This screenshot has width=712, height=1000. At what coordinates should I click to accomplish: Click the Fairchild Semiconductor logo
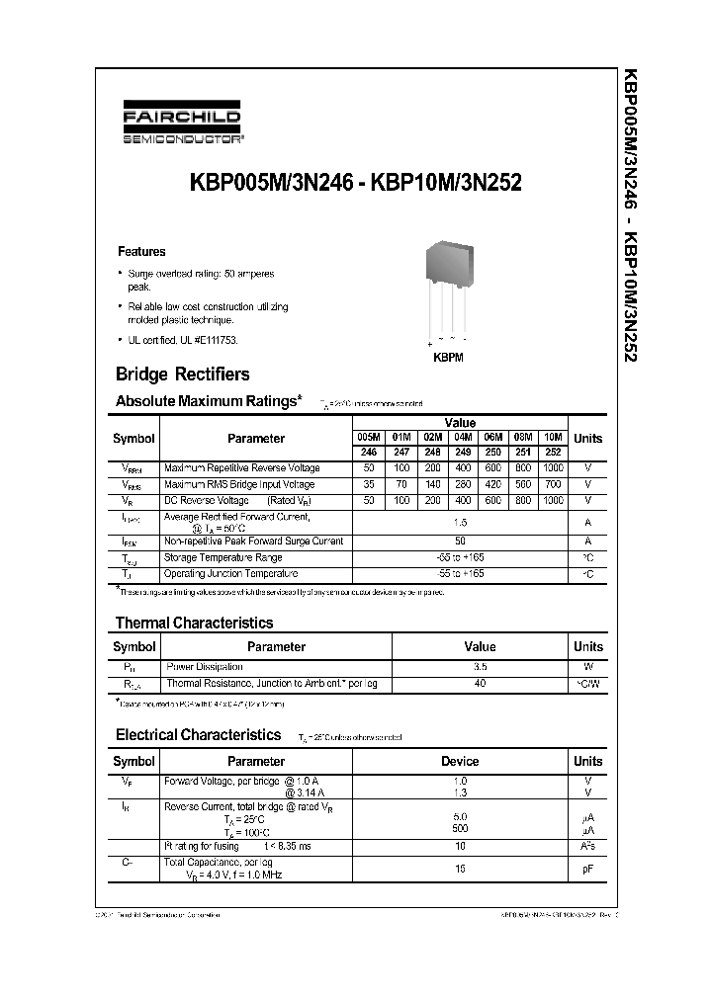pyautogui.click(x=181, y=127)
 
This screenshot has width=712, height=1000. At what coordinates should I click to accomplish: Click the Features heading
pyautogui.click(x=141, y=252)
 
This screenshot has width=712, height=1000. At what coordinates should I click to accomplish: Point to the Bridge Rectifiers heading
pyautogui.click(x=182, y=375)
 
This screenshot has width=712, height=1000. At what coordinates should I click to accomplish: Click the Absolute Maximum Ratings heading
pyautogui.click(x=208, y=401)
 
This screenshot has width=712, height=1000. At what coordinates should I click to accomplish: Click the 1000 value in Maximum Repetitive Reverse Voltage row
pyautogui.click(x=553, y=467)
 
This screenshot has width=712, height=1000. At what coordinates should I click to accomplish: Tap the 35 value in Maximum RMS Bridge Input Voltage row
pyautogui.click(x=368, y=485)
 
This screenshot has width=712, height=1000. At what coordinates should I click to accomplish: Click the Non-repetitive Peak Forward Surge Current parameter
pyautogui.click(x=253, y=541)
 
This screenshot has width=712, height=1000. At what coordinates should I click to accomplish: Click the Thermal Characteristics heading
pyautogui.click(x=194, y=624)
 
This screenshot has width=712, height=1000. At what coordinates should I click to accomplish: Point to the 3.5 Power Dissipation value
pyautogui.click(x=480, y=667)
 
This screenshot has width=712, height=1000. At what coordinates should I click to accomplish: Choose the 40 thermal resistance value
pyautogui.click(x=480, y=684)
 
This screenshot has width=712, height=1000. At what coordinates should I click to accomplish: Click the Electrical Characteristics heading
pyautogui.click(x=198, y=735)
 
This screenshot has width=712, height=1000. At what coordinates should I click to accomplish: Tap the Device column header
pyautogui.click(x=460, y=762)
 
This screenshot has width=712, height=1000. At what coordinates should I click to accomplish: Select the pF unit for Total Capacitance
pyautogui.click(x=587, y=870)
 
